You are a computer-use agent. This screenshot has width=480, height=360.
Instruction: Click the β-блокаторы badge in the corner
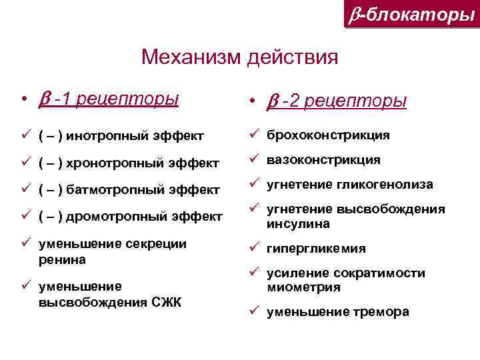click(x=412, y=14)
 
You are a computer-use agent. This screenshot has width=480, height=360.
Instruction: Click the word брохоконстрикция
click(x=329, y=135)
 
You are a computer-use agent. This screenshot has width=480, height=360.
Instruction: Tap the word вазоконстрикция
click(x=324, y=160)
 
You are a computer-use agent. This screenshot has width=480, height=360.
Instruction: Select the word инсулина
click(x=298, y=224)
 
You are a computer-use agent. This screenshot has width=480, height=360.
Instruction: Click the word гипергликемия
click(x=316, y=249)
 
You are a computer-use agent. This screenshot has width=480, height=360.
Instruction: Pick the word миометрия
click(x=303, y=288)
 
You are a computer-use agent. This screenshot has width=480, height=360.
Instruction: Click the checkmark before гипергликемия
click(x=254, y=247)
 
